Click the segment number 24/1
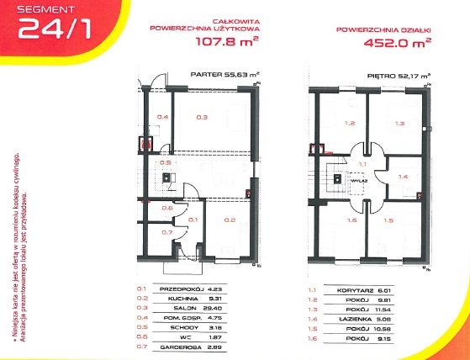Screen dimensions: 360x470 tap(45, 29)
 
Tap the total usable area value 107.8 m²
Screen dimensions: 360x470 tap(228, 40)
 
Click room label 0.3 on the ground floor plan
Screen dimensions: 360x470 tap(201, 117)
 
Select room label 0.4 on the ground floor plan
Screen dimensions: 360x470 tap(164, 117)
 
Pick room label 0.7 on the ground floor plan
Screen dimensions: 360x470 tap(166, 232)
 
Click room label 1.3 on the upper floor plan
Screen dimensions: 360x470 tap(399, 124)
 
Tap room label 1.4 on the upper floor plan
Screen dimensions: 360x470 tap(403, 177)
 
